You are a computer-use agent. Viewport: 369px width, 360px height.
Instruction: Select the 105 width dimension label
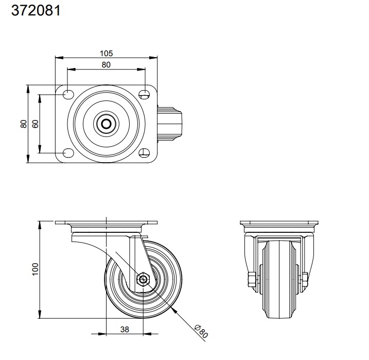tap(107, 53)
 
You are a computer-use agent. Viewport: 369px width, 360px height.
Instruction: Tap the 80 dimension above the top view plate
tap(106, 65)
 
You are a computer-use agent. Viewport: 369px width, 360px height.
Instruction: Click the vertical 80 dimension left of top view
tap(23, 124)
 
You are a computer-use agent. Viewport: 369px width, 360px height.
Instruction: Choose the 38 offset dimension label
tap(124, 330)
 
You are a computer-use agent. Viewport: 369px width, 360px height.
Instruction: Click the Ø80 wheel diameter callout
tap(201, 331)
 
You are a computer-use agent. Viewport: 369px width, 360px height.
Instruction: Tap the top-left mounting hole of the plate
tap(67, 94)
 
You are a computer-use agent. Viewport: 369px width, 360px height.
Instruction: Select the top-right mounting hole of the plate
tap(145, 94)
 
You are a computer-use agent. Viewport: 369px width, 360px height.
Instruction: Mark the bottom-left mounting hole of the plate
tap(67, 153)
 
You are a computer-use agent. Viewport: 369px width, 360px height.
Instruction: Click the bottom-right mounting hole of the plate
tap(145, 153)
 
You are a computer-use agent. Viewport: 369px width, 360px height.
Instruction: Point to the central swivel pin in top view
tap(107, 124)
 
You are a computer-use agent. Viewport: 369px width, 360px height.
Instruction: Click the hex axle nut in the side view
tap(143, 280)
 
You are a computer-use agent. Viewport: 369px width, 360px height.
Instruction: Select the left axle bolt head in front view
tap(251, 280)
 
